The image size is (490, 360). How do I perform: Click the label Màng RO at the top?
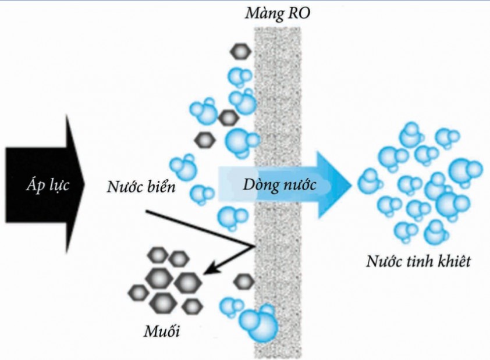pos(278,12)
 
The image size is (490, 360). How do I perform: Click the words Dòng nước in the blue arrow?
pos(279,186)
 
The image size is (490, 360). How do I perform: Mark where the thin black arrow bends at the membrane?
pos(254,247)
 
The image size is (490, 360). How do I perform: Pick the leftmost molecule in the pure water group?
pos(368,181)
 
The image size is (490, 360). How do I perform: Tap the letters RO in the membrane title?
pos(299,12)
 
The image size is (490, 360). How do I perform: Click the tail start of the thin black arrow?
pos(145,211)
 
